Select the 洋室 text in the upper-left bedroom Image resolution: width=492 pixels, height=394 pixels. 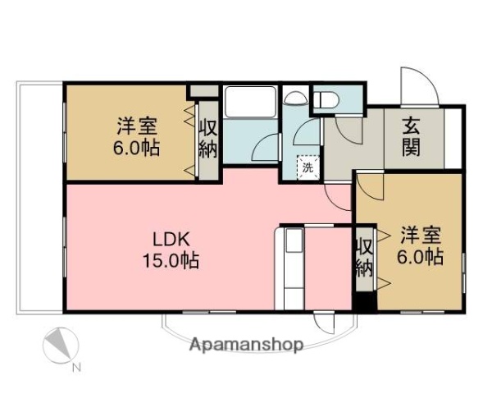tap(137, 127)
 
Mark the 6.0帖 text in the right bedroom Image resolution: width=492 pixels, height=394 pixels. tap(421, 257)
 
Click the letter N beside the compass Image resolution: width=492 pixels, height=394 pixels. tap(75, 367)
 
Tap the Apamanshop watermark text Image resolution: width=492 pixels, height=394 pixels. tap(247, 344)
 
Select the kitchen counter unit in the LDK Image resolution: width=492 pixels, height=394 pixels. tap(292, 268)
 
